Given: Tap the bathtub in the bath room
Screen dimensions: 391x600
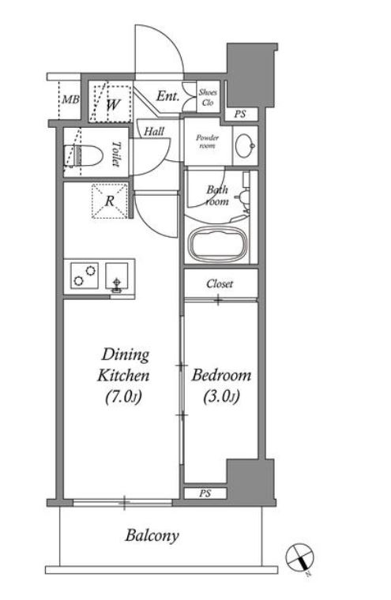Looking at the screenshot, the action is click(x=220, y=244).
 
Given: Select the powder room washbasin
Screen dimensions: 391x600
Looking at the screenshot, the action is click(x=245, y=145).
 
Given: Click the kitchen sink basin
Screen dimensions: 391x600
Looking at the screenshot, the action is click(x=116, y=276).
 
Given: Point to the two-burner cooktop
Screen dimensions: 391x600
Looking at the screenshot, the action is click(x=85, y=276).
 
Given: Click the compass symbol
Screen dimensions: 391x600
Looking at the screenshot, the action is click(x=300, y=557).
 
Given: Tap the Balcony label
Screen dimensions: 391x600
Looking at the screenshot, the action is click(x=152, y=536).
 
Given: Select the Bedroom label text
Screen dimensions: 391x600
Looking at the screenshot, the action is click(x=221, y=375).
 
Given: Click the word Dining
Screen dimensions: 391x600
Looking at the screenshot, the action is click(x=126, y=354).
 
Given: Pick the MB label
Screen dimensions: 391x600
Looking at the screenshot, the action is click(x=71, y=100).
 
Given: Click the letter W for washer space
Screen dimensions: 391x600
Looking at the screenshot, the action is click(x=114, y=104).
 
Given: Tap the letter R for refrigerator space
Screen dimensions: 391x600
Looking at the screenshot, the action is click(x=110, y=201).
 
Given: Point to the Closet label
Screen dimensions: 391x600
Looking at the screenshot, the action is click(x=220, y=283).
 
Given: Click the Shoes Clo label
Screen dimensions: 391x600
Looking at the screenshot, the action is click(x=208, y=97).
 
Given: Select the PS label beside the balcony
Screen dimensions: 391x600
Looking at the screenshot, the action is click(x=205, y=493).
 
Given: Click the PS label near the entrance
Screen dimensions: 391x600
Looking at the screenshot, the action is click(x=240, y=114).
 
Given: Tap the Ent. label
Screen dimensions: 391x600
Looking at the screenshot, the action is click(x=167, y=96).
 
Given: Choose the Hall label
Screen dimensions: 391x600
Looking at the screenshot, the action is click(x=154, y=132).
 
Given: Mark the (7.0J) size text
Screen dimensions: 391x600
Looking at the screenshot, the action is click(x=124, y=397).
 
